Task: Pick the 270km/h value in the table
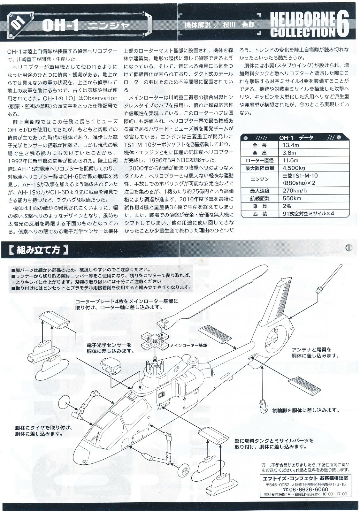coord(294,191)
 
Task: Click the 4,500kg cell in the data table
coord(294,168)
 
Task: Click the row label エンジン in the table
coord(259,179)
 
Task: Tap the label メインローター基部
coord(188,346)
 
